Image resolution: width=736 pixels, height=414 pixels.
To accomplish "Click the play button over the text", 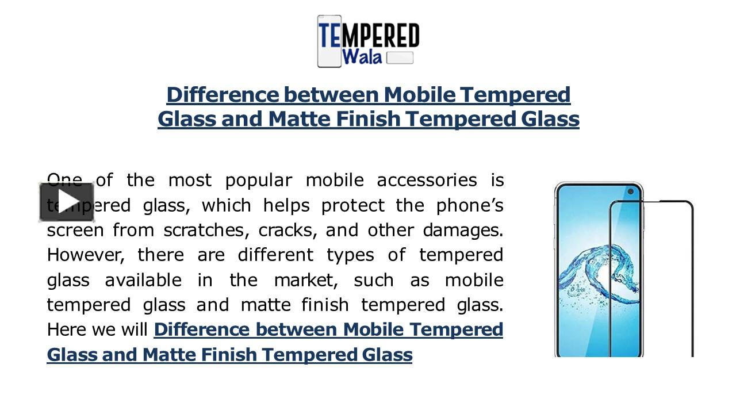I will (67, 202).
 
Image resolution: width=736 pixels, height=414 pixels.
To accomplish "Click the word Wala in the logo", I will (362, 57).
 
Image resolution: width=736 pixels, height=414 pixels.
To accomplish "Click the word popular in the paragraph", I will (258, 181).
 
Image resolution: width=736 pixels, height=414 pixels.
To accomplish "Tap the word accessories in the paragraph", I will (427, 181).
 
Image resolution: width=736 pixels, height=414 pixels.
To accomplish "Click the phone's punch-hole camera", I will (631, 191).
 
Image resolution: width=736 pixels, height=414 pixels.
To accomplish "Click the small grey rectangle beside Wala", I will (400, 57).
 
